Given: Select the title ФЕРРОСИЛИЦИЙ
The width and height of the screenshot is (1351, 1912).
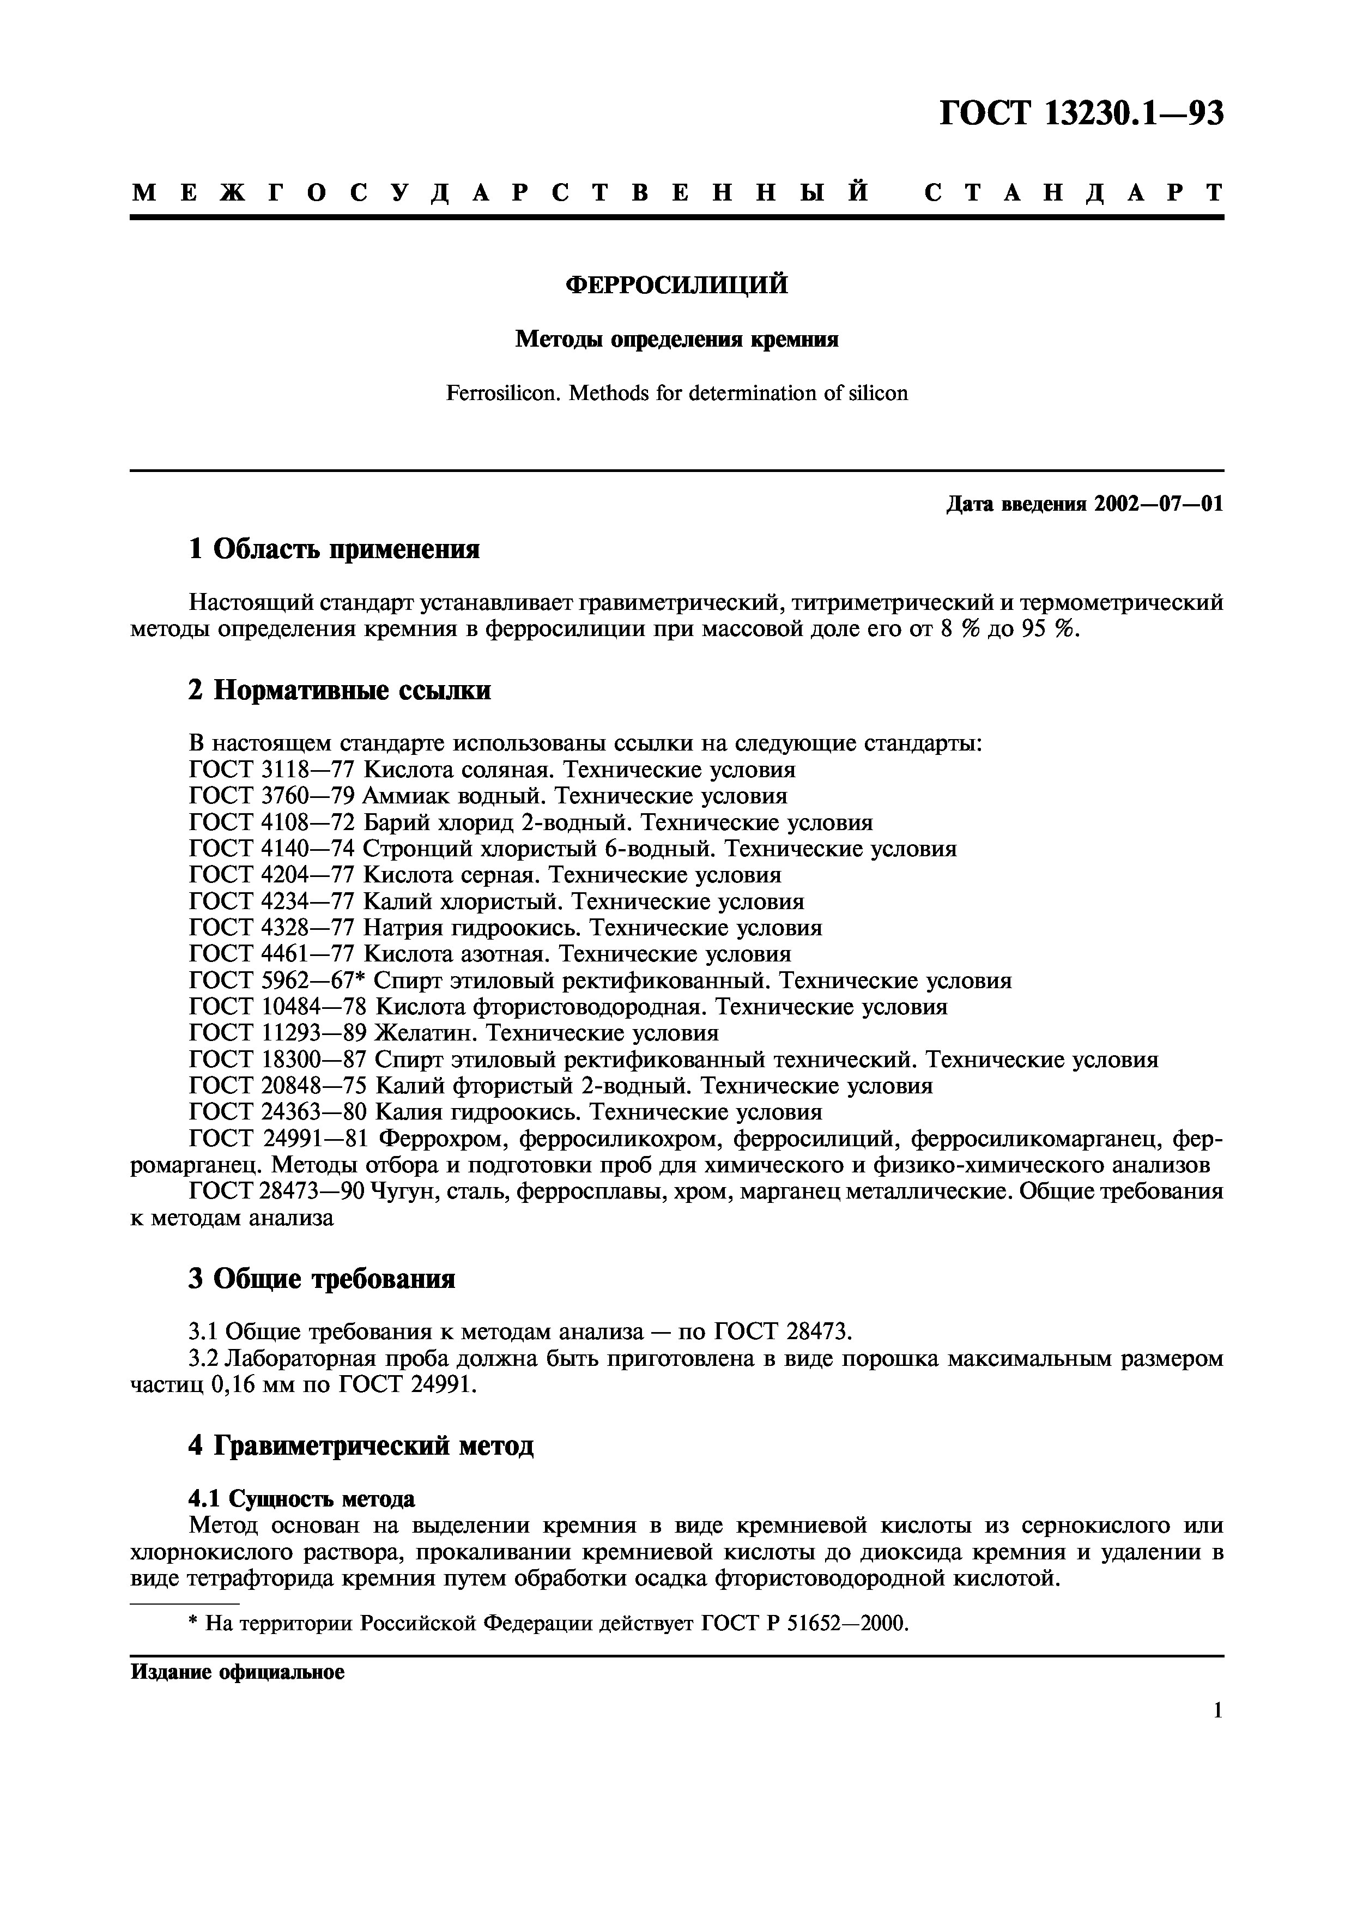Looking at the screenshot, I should point(676,286).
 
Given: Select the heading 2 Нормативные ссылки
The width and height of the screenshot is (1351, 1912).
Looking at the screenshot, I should point(340,691).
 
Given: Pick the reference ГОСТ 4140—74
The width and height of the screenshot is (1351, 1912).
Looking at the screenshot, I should point(272,849).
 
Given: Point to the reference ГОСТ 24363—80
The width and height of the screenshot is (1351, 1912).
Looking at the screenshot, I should point(278,1112).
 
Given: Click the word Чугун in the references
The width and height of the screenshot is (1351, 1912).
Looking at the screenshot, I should point(403,1191).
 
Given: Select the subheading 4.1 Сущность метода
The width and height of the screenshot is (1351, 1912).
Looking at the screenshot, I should point(301,1499).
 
